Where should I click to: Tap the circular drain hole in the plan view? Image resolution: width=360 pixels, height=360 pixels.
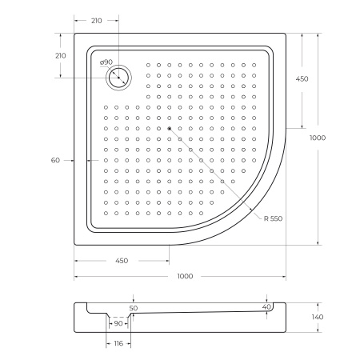pos(118,77)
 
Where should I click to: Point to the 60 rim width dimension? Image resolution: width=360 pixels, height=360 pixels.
pos(55,160)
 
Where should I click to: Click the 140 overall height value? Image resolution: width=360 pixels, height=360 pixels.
pos(317,318)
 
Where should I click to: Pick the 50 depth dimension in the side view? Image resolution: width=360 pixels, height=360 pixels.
pos(134,307)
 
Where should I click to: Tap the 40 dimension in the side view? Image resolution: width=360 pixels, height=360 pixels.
pos(266,306)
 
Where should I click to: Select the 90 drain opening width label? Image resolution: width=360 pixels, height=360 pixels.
pos(118,324)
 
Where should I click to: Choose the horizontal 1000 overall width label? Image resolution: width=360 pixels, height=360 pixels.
pos(185,277)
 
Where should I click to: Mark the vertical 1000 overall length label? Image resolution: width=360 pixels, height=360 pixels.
pos(318,138)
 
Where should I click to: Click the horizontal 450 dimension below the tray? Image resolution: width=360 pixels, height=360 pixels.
pos(122,261)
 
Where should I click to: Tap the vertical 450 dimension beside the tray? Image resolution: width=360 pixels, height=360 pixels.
pos(302,79)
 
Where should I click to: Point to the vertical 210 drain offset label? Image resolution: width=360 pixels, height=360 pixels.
pos(59,55)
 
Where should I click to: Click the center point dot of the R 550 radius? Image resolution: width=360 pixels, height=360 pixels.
pos(169,127)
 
